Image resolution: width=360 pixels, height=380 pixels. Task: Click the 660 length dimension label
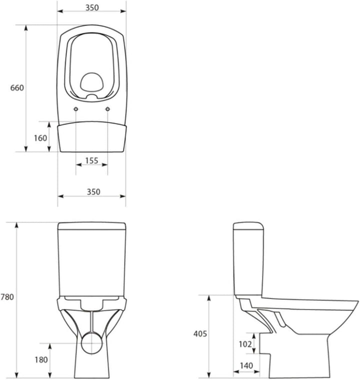[x=17, y=87]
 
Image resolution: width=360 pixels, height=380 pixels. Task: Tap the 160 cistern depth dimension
[x=40, y=138]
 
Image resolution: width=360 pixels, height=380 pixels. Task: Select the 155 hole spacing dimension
[x=91, y=160]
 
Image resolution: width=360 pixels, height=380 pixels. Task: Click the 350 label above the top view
[x=92, y=7]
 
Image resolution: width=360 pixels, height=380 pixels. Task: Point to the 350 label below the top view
[x=93, y=192]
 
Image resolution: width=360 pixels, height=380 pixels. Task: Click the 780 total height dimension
[x=7, y=297]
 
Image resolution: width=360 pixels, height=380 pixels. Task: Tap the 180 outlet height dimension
[x=41, y=359]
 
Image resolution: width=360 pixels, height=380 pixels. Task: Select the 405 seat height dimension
[x=200, y=333]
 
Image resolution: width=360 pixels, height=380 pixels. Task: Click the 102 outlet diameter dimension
[x=245, y=344]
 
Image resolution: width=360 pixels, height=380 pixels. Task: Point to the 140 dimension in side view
[x=246, y=365]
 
